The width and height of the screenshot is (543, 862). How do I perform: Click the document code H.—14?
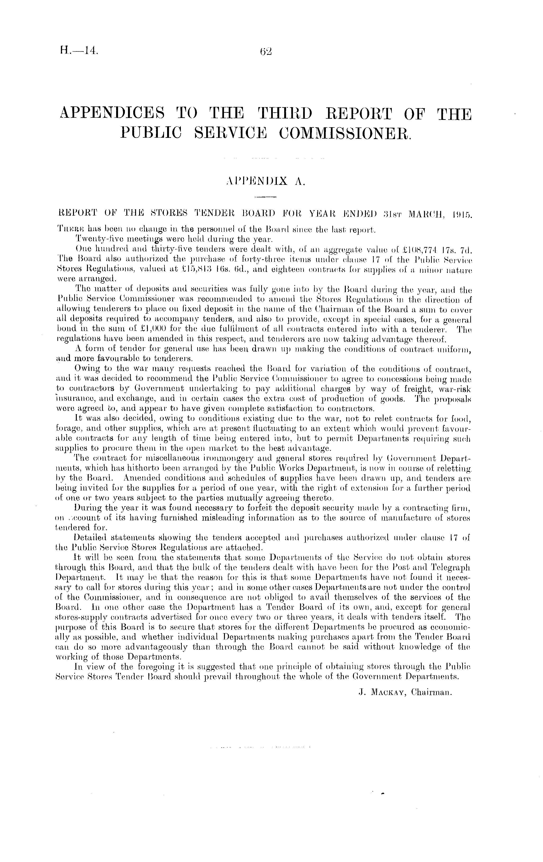tap(79, 51)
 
